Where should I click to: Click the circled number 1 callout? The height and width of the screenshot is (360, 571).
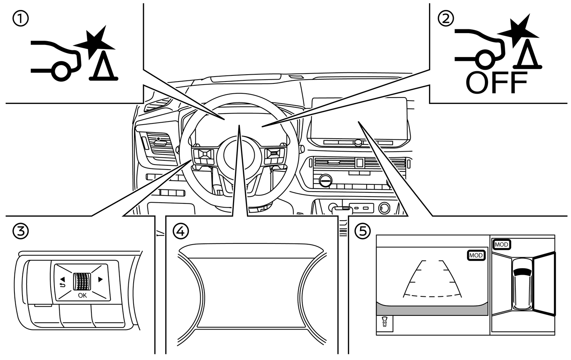point(20,19)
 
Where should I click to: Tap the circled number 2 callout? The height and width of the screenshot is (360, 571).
point(446,18)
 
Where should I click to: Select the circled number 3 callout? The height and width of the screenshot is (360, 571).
point(20,231)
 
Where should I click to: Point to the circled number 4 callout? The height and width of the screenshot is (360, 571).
point(180,231)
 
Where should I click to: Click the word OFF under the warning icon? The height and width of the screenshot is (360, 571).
point(496,83)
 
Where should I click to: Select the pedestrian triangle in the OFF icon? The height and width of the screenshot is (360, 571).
point(527,55)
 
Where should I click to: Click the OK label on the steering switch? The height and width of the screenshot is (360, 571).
point(82,295)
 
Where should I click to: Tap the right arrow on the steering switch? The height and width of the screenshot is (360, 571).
point(100,280)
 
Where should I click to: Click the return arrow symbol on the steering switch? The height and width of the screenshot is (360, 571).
point(62,284)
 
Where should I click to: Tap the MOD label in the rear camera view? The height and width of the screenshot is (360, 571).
point(476,255)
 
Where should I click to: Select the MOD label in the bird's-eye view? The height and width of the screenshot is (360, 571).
point(501,245)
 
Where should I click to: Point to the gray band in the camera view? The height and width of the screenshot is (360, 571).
point(432,309)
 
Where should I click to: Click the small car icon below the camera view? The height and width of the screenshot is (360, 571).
point(384,322)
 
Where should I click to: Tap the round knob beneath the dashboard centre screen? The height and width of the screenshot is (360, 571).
point(357,143)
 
